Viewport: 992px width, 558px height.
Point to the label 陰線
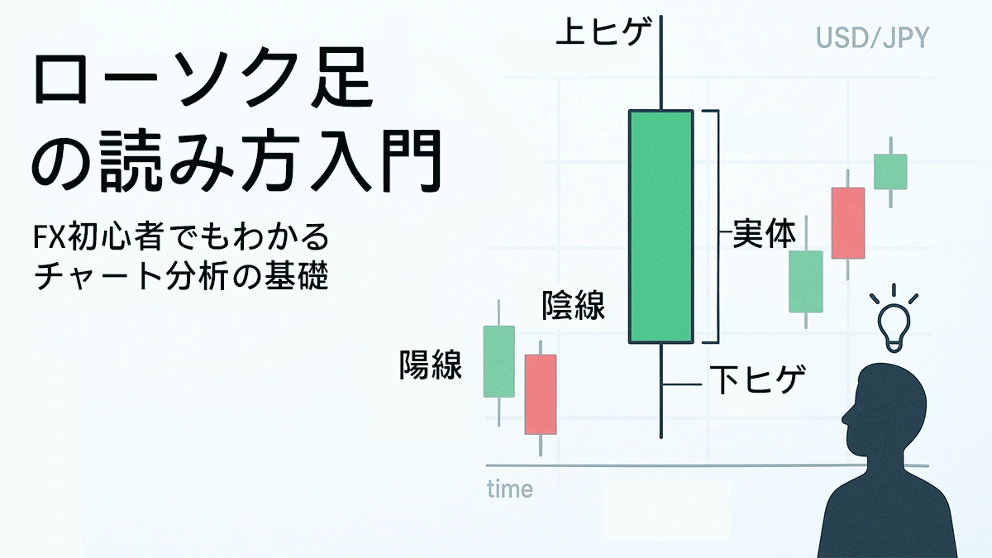pyautogui.click(x=573, y=306)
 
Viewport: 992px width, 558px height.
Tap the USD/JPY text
pyautogui.click(x=872, y=38)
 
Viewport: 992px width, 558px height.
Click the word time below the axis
pyautogui.click(x=510, y=489)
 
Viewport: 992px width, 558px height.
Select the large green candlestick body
pyautogui.click(x=661, y=226)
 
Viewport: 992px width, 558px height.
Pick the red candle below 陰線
pyautogui.click(x=541, y=394)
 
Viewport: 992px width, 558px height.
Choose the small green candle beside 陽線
pyautogui.click(x=498, y=361)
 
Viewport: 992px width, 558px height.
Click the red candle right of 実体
pyautogui.click(x=847, y=222)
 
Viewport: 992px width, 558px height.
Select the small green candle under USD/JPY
pyautogui.click(x=890, y=172)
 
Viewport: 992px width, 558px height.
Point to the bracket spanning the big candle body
pyautogui.click(x=716, y=226)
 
